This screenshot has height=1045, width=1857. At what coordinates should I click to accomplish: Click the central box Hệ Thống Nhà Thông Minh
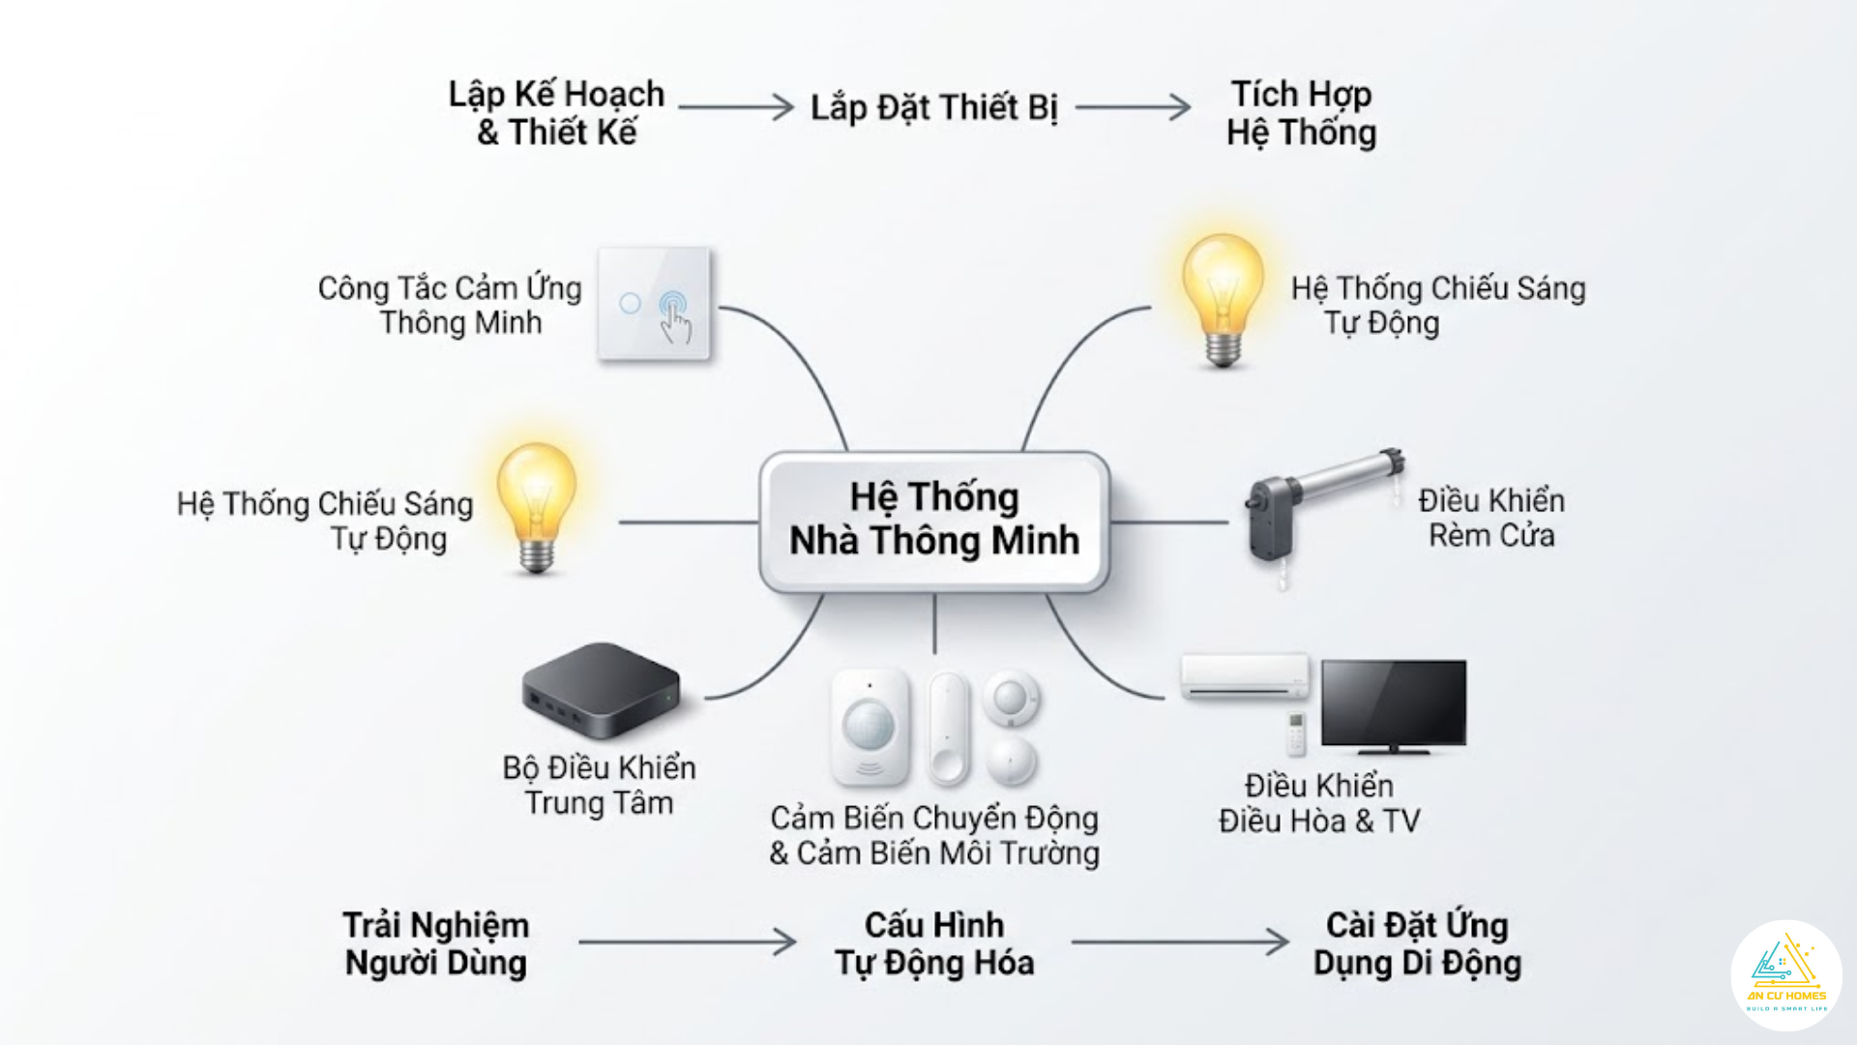(934, 521)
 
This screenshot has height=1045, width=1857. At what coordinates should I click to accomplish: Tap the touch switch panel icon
(654, 304)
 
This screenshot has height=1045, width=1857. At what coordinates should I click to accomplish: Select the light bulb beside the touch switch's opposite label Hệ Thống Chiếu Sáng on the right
(1223, 295)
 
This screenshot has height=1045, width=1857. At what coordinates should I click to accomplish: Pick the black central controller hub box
(601, 690)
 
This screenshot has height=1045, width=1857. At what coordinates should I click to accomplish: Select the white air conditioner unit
(1245, 675)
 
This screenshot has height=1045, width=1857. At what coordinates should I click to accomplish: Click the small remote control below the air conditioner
(1295, 733)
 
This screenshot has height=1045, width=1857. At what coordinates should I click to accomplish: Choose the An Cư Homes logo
(1786, 975)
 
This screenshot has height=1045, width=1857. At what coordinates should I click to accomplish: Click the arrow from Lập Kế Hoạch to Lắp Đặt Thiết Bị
(735, 106)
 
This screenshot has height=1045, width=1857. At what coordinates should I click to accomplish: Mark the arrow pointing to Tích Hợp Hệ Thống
(1133, 106)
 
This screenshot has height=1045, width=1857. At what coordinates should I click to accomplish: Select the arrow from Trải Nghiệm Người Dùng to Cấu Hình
(687, 941)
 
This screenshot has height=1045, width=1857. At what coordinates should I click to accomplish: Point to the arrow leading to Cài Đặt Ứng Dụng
(1180, 941)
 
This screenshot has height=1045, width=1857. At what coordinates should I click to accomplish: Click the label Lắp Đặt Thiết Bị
(934, 107)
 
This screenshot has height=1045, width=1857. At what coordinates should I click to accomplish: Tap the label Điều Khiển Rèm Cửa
(1491, 518)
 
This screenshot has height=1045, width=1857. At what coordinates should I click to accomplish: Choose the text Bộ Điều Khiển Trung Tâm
(599, 785)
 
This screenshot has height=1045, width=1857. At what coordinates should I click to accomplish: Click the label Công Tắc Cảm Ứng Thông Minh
(451, 305)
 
